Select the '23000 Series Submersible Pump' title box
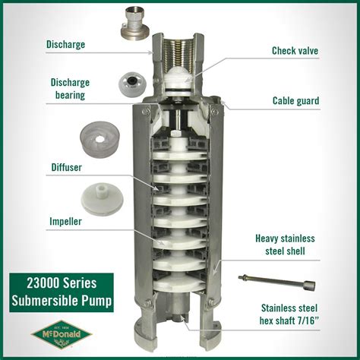(x=61, y=292)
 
